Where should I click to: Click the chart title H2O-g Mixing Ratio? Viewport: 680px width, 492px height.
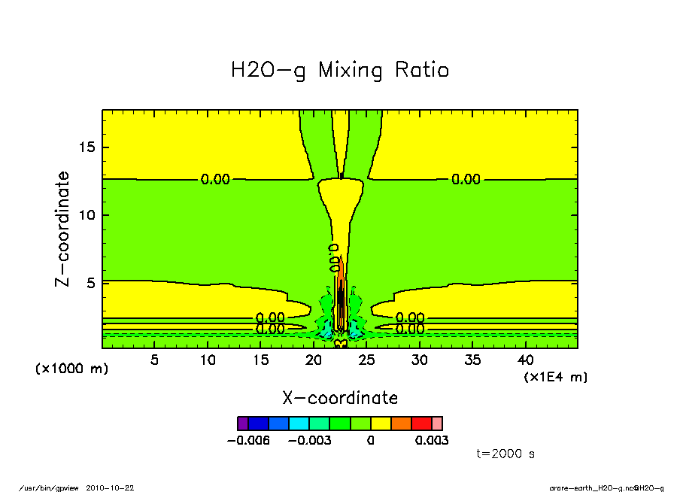pos(339,71)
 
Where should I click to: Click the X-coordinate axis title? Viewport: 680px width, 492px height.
pos(340,398)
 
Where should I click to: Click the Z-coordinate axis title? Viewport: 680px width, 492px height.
pos(63,229)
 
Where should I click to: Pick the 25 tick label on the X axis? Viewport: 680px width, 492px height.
pos(366,360)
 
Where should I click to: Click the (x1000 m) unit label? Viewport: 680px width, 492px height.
pos(72,369)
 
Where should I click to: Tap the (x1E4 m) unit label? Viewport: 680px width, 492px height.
pos(556,377)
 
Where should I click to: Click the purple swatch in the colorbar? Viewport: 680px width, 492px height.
pos(243,424)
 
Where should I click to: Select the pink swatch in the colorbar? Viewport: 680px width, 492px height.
pos(437,424)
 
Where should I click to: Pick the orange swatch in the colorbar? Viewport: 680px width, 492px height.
pos(401,424)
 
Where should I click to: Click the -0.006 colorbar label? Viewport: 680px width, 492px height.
pos(247,441)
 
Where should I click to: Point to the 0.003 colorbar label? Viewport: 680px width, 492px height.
pos(432,441)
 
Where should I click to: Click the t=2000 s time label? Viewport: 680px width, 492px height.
pos(505,454)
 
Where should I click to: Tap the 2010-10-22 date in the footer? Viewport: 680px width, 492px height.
pos(115,487)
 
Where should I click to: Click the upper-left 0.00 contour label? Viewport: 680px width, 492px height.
pos(215,179)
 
